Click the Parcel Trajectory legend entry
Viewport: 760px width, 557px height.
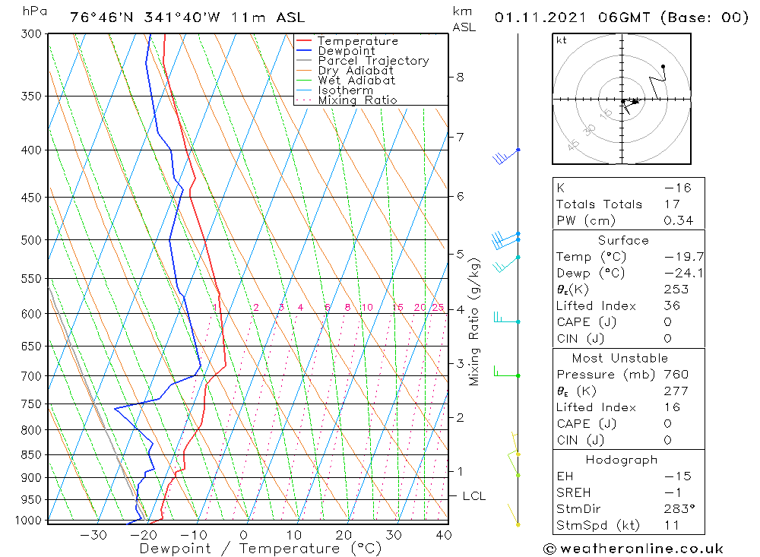coord(373,61)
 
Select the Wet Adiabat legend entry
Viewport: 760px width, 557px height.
coord(356,81)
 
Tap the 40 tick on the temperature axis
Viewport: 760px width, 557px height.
coord(444,535)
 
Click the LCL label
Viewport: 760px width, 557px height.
coord(473,496)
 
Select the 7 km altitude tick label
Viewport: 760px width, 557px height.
coord(460,137)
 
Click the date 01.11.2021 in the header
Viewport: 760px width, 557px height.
coord(543,17)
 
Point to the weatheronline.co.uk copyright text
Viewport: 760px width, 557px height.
coord(633,549)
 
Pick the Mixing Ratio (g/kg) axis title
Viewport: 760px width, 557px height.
coord(475,321)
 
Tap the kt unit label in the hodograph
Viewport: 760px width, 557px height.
coord(562,40)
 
